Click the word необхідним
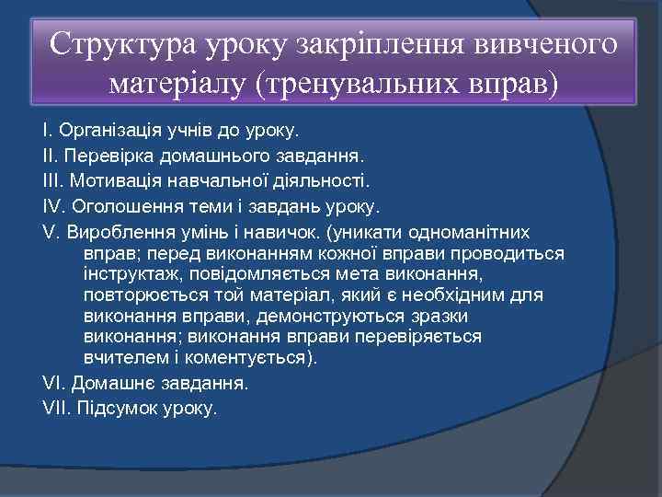[441, 295]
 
